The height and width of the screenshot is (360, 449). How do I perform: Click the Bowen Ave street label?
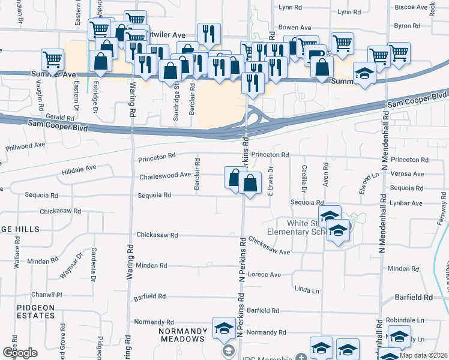(x=295, y=28)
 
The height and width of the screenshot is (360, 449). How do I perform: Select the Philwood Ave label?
(x=25, y=146)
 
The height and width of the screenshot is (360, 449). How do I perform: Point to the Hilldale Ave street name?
(x=79, y=169)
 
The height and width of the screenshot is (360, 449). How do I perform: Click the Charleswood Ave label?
(x=165, y=176)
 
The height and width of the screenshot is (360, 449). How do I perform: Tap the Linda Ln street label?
(x=307, y=290)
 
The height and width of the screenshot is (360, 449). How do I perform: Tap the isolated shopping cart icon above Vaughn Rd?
(x=53, y=60)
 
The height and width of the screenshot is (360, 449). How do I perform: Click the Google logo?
(x=20, y=353)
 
